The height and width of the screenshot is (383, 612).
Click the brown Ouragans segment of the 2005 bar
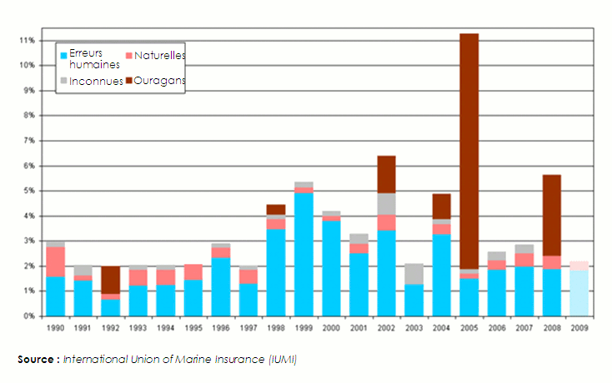(x=469, y=150)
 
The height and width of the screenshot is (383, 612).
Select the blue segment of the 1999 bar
(x=303, y=254)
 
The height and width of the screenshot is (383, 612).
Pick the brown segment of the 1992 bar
(x=111, y=280)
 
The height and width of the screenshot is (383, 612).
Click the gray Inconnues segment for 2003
(x=414, y=274)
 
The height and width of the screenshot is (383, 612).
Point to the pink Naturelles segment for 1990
(x=56, y=261)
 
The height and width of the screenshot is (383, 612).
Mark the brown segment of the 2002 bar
(x=386, y=174)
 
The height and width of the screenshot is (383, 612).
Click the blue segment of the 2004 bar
(x=441, y=275)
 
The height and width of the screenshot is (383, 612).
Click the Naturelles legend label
(x=159, y=55)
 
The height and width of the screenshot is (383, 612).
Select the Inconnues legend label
(x=97, y=81)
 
